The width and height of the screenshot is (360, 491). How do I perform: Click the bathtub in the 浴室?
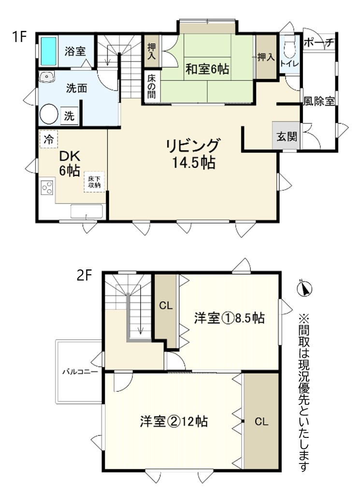pyautogui.click(x=49, y=51)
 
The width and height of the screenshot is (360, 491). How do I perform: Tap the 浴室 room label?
pyautogui.click(x=75, y=51)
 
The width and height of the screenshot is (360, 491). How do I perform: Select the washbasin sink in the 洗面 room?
pyautogui.click(x=47, y=76)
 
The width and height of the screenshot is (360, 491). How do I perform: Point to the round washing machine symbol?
pyautogui.click(x=49, y=113)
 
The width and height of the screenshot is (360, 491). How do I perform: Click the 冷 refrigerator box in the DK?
pyautogui.click(x=49, y=139)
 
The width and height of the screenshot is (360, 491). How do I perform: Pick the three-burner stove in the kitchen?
pyautogui.click(x=47, y=188)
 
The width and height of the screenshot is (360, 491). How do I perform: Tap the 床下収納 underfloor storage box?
pyautogui.click(x=94, y=182)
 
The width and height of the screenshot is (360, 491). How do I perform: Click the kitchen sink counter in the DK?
pyautogui.click(x=86, y=211)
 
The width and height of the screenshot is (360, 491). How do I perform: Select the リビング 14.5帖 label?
pyautogui.click(x=193, y=154)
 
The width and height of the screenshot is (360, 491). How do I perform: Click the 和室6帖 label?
pyautogui.click(x=207, y=69)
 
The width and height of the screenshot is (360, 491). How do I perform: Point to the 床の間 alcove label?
pyautogui.click(x=152, y=86)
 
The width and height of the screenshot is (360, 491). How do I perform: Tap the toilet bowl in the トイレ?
pyautogui.click(x=288, y=46)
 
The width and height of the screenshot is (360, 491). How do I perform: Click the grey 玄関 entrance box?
pyautogui.click(x=287, y=136)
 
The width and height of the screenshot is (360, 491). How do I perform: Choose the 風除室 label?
pyautogui.click(x=318, y=101)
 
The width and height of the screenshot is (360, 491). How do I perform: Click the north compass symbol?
pyautogui.click(x=303, y=288)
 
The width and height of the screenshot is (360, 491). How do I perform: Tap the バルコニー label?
pyautogui.click(x=80, y=372)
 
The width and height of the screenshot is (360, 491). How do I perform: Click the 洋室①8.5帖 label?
pyautogui.click(x=230, y=318)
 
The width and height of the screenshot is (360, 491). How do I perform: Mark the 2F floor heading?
pyautogui.click(x=84, y=276)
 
